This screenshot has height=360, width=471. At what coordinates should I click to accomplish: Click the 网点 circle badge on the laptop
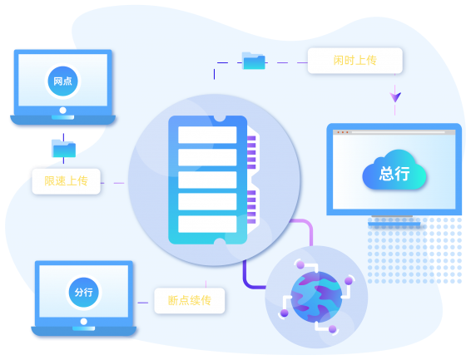(62, 81)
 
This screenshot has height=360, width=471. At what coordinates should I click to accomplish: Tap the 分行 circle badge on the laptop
(84, 292)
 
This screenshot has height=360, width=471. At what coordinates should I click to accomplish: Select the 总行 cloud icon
(394, 170)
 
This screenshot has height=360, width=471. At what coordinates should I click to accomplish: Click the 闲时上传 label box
(355, 61)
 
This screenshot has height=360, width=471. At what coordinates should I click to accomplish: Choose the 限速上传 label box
(66, 181)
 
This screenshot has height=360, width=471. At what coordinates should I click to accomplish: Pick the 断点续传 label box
(190, 301)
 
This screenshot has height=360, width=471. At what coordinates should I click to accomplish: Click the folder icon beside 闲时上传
(254, 61)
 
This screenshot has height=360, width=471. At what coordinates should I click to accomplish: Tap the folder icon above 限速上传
(63, 149)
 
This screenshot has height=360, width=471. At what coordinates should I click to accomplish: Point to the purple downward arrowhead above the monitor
(395, 97)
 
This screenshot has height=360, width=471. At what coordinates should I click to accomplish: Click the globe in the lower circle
(316, 297)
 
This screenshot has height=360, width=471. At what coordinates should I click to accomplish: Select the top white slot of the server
(207, 135)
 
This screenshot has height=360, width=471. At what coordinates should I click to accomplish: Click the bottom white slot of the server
(207, 224)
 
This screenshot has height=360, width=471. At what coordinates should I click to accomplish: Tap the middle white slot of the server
(207, 180)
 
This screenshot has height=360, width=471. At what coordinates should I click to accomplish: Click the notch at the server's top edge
(220, 119)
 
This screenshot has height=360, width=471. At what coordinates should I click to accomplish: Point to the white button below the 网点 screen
(62, 111)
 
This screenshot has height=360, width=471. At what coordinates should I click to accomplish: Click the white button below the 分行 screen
(84, 322)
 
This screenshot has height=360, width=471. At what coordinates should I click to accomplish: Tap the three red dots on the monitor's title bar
(343, 132)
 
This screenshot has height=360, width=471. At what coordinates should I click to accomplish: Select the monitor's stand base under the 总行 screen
(394, 224)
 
